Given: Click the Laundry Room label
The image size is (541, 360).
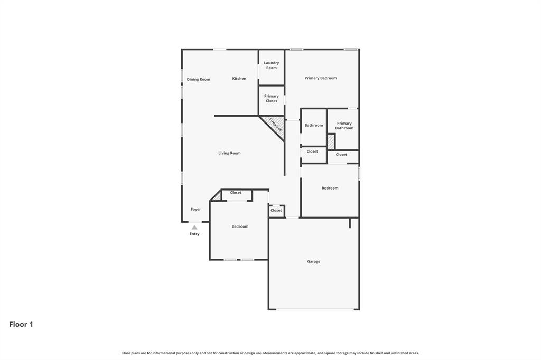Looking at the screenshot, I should [272, 65].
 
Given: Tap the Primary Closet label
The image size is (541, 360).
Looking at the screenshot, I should [272, 99].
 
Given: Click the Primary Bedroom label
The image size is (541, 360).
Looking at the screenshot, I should [321, 78].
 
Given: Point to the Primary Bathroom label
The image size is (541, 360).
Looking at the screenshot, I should [344, 126].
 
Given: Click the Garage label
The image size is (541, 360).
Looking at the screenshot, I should [314, 261].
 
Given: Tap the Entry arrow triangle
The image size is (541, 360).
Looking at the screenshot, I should [194, 228].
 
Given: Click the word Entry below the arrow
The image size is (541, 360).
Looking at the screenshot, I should [194, 234].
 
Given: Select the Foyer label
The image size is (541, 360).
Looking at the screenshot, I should [195, 209].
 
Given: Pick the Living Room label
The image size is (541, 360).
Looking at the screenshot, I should [229, 153].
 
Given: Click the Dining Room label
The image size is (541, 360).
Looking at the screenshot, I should [198, 79].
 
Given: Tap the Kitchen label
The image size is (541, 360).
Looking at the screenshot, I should [239, 79].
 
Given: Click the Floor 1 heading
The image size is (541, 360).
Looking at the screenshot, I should [21, 324].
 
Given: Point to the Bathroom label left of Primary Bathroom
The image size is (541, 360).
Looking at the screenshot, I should [314, 125].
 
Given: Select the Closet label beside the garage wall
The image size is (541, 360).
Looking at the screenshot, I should [276, 210].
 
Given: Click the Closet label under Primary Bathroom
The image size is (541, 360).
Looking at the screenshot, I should [342, 155].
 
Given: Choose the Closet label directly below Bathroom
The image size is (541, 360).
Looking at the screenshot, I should [313, 151].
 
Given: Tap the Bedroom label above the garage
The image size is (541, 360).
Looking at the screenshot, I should [330, 188].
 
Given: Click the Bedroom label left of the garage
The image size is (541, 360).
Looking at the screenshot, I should [240, 226].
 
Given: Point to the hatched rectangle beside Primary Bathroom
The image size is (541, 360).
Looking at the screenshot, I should [331, 141].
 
